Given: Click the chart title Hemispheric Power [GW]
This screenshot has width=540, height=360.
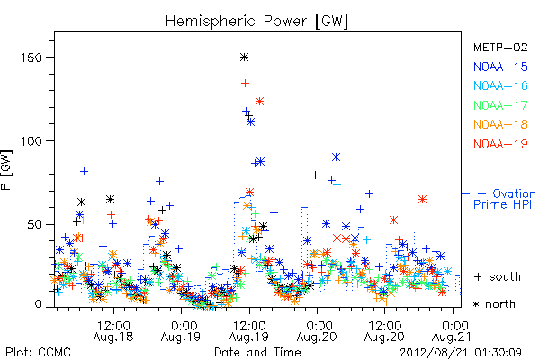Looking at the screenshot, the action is (256, 22).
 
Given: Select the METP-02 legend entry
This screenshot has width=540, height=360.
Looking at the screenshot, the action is (500, 47).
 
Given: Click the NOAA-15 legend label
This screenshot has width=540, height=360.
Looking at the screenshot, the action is (500, 67).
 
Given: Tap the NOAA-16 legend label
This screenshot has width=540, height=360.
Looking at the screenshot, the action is (500, 85).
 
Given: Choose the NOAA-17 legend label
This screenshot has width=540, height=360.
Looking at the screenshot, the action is (500, 105).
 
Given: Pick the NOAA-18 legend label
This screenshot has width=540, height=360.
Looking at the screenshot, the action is (500, 124).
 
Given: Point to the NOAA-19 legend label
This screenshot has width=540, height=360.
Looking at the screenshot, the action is (500, 144).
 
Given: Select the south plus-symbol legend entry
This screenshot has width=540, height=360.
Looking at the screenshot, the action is (498, 276).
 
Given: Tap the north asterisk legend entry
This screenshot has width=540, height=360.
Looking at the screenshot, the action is (494, 304).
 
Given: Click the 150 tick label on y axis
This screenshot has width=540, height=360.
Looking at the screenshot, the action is (31, 58).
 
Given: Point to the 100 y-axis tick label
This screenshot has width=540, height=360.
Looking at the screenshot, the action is (31, 141).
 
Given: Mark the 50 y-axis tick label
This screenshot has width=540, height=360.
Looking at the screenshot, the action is (34, 225).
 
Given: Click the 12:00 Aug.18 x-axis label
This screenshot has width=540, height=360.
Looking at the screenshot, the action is (113, 331).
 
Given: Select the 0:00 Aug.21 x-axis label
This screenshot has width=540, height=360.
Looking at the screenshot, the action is (452, 331).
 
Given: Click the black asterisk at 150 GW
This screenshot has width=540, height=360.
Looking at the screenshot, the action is (244, 58).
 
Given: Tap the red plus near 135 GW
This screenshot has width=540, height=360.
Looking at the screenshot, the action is (245, 83).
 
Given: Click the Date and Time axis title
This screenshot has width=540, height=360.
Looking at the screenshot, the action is (257, 353).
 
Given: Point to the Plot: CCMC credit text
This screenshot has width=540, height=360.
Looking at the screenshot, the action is (38, 353).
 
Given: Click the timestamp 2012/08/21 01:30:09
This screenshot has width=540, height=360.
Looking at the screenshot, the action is (461, 353).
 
